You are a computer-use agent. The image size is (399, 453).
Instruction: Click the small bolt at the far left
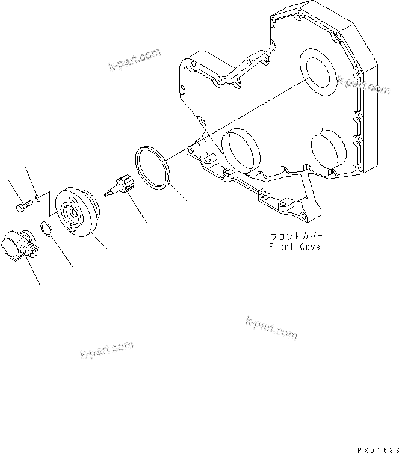pos(22,207)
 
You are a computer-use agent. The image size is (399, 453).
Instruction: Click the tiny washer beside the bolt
pos(37,197)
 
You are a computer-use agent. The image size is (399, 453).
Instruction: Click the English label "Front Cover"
pos(297,247)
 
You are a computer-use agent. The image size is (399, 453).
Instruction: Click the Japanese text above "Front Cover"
pos(297,237)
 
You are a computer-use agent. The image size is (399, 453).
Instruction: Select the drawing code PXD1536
pos(375,449)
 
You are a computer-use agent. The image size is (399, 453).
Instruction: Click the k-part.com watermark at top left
pos(135,60)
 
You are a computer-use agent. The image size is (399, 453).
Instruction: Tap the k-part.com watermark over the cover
pos(363,85)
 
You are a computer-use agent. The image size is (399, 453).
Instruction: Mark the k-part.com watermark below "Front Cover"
pos(271,328)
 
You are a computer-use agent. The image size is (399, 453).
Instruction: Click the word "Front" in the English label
pos(280,247)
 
